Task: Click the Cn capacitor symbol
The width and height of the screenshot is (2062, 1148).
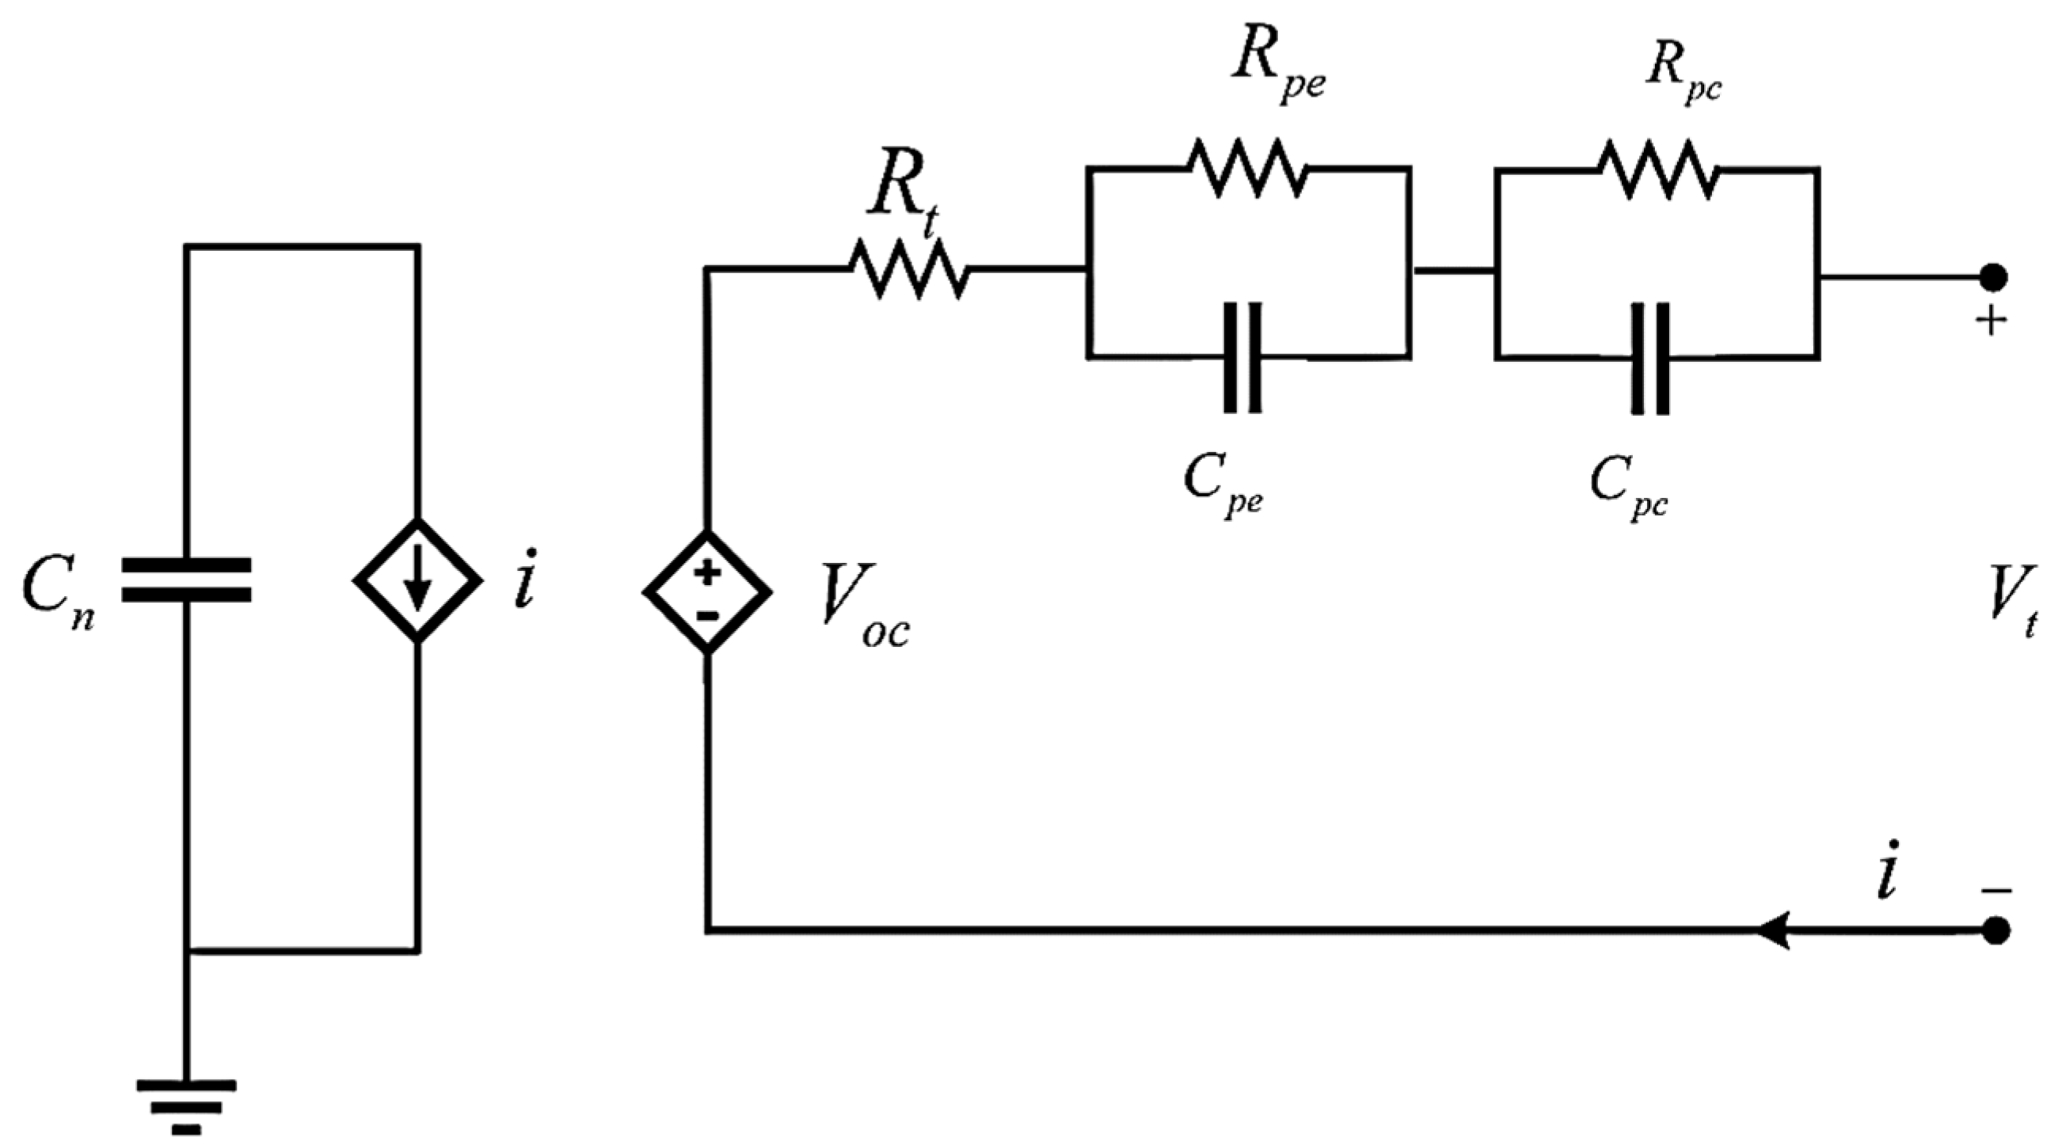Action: (187, 580)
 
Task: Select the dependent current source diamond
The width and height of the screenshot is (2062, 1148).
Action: (418, 580)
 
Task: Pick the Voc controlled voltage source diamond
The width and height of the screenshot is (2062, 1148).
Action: (708, 592)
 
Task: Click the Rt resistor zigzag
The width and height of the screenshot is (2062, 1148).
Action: (908, 270)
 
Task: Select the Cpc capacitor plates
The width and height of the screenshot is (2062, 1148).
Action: (1650, 358)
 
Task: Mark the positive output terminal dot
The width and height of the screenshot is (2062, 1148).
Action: (1993, 278)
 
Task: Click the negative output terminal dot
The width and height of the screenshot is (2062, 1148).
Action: (1993, 931)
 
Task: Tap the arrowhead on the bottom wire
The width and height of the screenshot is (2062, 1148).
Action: (1773, 931)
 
